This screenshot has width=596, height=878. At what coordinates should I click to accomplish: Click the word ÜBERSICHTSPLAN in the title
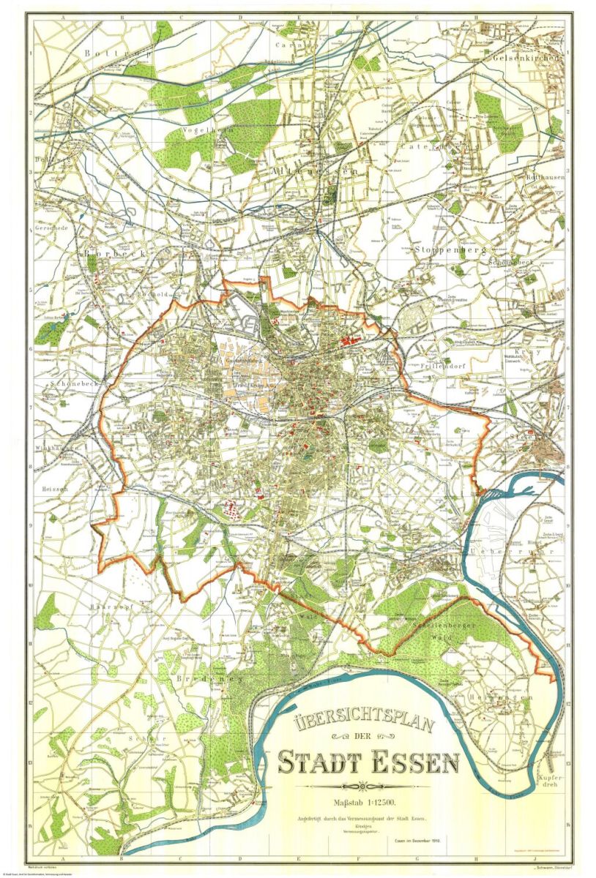point(364,724)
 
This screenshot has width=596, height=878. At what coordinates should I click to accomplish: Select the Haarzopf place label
point(111,607)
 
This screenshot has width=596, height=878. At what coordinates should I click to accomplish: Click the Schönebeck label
point(69,383)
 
